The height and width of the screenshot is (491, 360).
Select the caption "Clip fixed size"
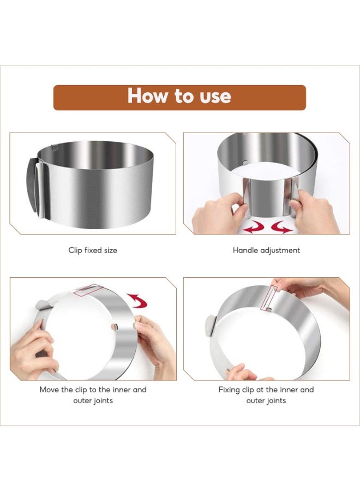93,250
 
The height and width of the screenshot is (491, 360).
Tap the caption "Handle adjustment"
266,250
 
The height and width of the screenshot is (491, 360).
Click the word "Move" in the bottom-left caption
50,390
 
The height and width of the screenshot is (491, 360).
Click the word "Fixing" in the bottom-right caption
230,390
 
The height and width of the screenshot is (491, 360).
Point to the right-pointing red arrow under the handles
280,227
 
